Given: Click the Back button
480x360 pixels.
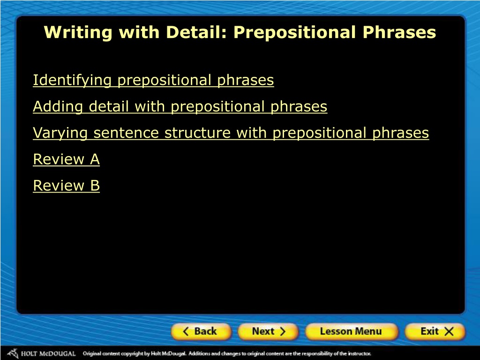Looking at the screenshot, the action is pos(201,331).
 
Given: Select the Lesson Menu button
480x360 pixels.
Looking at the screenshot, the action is pos(352,331).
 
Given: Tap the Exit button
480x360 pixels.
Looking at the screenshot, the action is pos(435,331).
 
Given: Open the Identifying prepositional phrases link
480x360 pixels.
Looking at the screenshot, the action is pos(153,80).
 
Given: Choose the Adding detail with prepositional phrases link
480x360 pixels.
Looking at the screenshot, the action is pos(180,106).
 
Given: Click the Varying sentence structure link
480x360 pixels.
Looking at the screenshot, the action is pos(231,133).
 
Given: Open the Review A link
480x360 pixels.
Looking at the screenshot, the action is pos(66,159).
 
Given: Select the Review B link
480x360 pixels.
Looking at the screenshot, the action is pos(66,186).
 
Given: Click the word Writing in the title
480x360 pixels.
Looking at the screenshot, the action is pos(78,32).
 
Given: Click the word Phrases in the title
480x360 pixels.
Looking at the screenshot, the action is pos(399,32).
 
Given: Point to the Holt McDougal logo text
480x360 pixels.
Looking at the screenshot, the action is pos(48,354).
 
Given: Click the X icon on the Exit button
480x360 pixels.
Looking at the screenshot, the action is pos(449,331).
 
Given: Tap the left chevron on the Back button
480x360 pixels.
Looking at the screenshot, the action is pos(186,331).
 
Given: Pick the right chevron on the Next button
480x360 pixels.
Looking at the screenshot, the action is pos(282,331).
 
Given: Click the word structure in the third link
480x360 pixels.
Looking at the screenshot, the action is pos(197,133).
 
